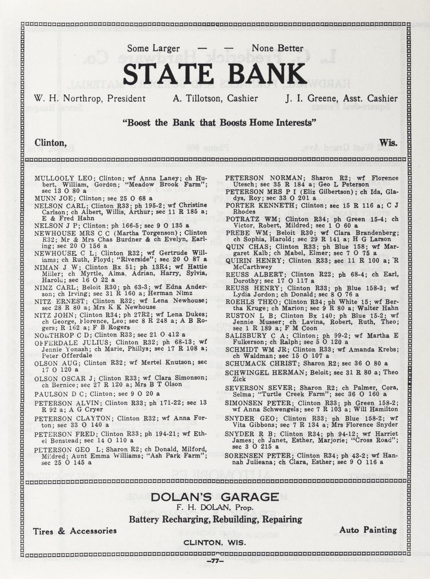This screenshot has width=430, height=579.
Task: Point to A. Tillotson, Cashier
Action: [215, 99]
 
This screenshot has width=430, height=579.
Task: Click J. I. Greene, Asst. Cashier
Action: [341, 99]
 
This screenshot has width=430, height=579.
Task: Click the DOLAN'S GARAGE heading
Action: [215, 497]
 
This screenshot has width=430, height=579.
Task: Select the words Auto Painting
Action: [368, 530]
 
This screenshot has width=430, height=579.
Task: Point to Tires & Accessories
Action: [75, 531]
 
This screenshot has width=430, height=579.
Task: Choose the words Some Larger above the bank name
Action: [153, 49]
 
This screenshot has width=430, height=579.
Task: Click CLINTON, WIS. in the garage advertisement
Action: [215, 542]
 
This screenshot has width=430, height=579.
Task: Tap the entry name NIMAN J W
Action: [53, 267]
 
